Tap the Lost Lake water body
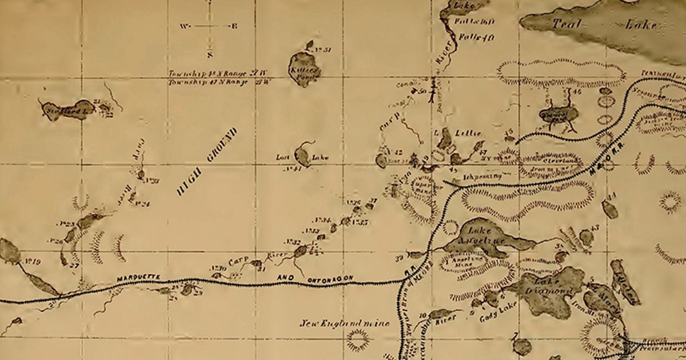pyautogui.click(x=302, y=156)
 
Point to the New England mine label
pyautogui.click(x=345, y=323)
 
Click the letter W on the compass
pyautogui.click(x=184, y=26)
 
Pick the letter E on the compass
pyautogui.click(x=234, y=26)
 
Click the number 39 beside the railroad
pyautogui.click(x=398, y=258)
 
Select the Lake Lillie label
pyautogui.click(x=460, y=133)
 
